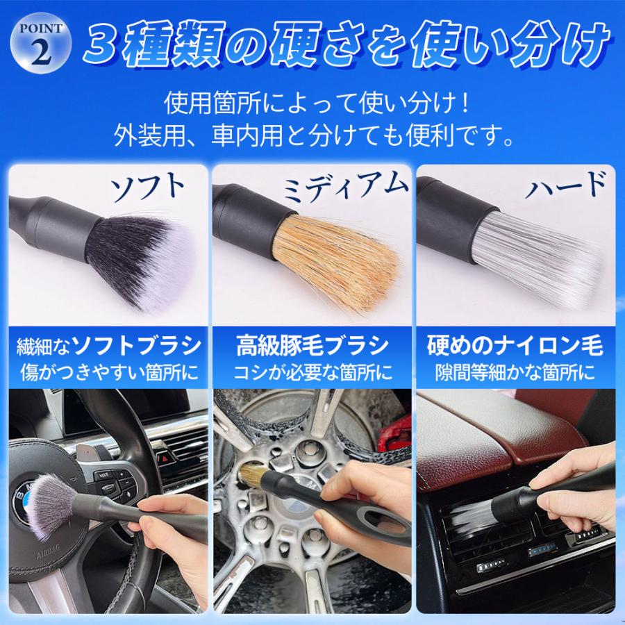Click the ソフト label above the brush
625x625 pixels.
pyautogui.click(x=150, y=187)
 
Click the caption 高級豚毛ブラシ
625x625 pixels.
pyautogui.click(x=312, y=346)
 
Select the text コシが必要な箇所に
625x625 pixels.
pyautogui.click(x=312, y=373)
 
